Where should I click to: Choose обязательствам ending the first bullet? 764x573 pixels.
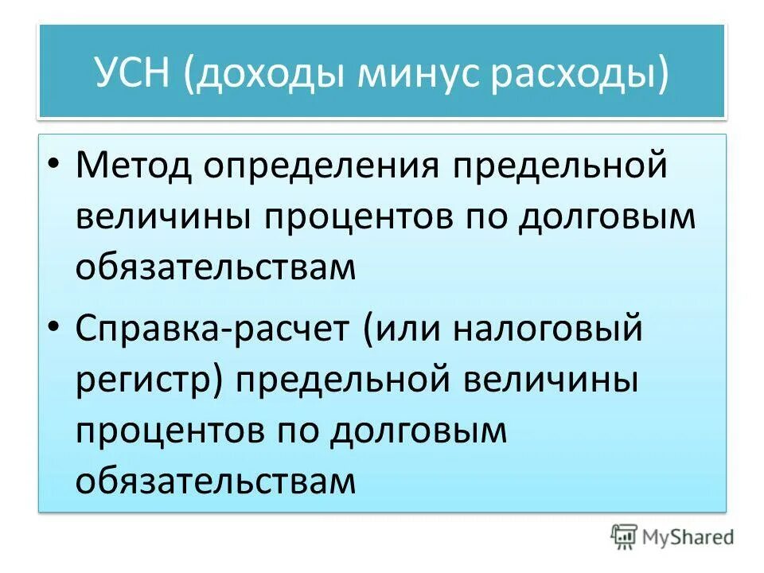[x=215, y=268]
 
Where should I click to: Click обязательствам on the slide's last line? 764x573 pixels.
[x=215, y=480]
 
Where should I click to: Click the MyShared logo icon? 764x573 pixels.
[x=626, y=537]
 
